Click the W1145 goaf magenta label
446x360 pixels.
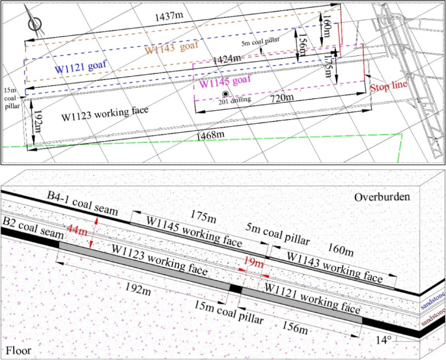[x=226, y=81]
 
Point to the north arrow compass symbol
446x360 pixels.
[x=36, y=23]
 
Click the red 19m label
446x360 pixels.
[x=253, y=264]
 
